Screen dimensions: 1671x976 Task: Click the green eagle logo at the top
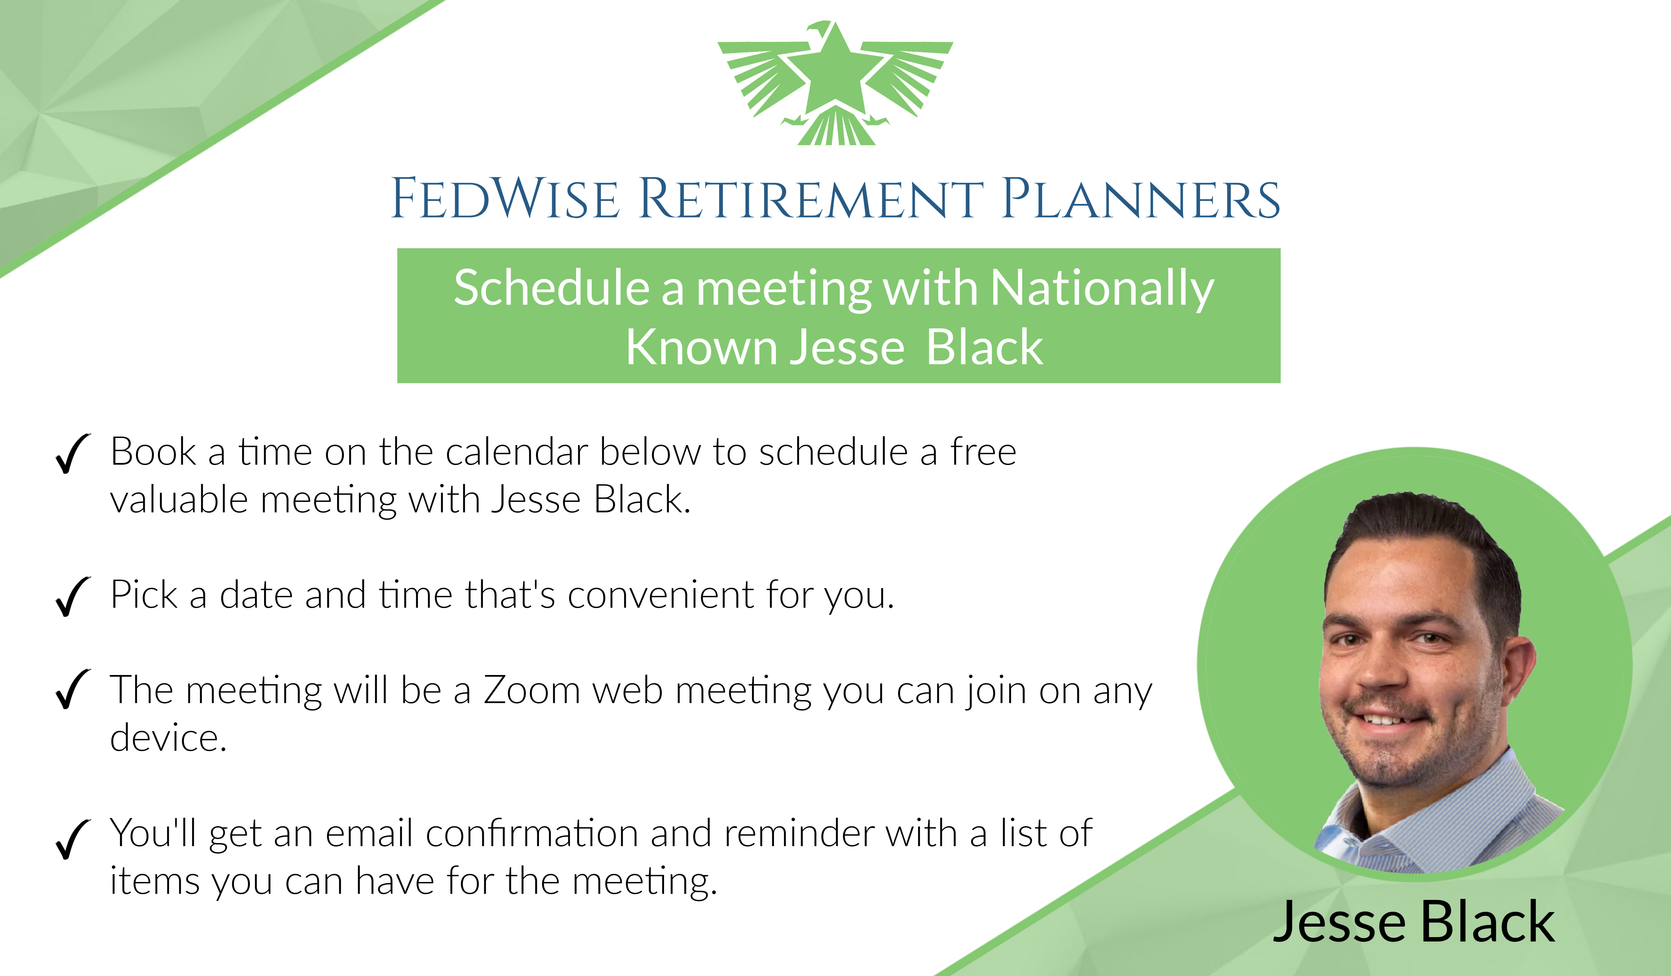coord(835,83)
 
